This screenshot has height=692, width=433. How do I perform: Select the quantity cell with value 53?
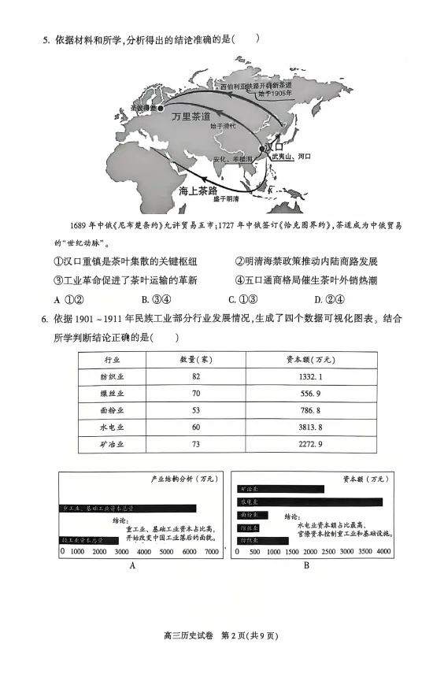[x=196, y=410]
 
